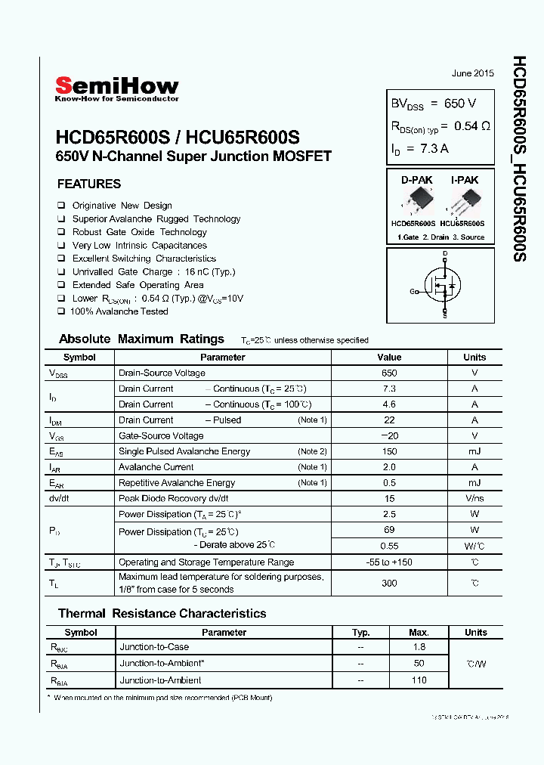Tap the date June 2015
[472, 73]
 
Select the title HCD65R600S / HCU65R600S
[178, 138]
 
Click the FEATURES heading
[89, 184]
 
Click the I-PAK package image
[462, 203]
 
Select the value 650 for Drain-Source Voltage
[389, 373]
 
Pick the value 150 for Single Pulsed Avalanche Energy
[389, 451]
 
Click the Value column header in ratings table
[389, 358]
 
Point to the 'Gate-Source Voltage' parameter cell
[161, 435]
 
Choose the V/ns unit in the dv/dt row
[475, 499]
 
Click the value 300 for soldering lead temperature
[389, 583]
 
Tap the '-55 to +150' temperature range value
[389, 562]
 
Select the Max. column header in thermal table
[419, 633]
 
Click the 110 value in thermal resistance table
[419, 680]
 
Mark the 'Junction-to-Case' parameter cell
[154, 647]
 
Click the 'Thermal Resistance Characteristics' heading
[162, 614]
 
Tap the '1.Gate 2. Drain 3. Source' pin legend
[440, 237]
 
